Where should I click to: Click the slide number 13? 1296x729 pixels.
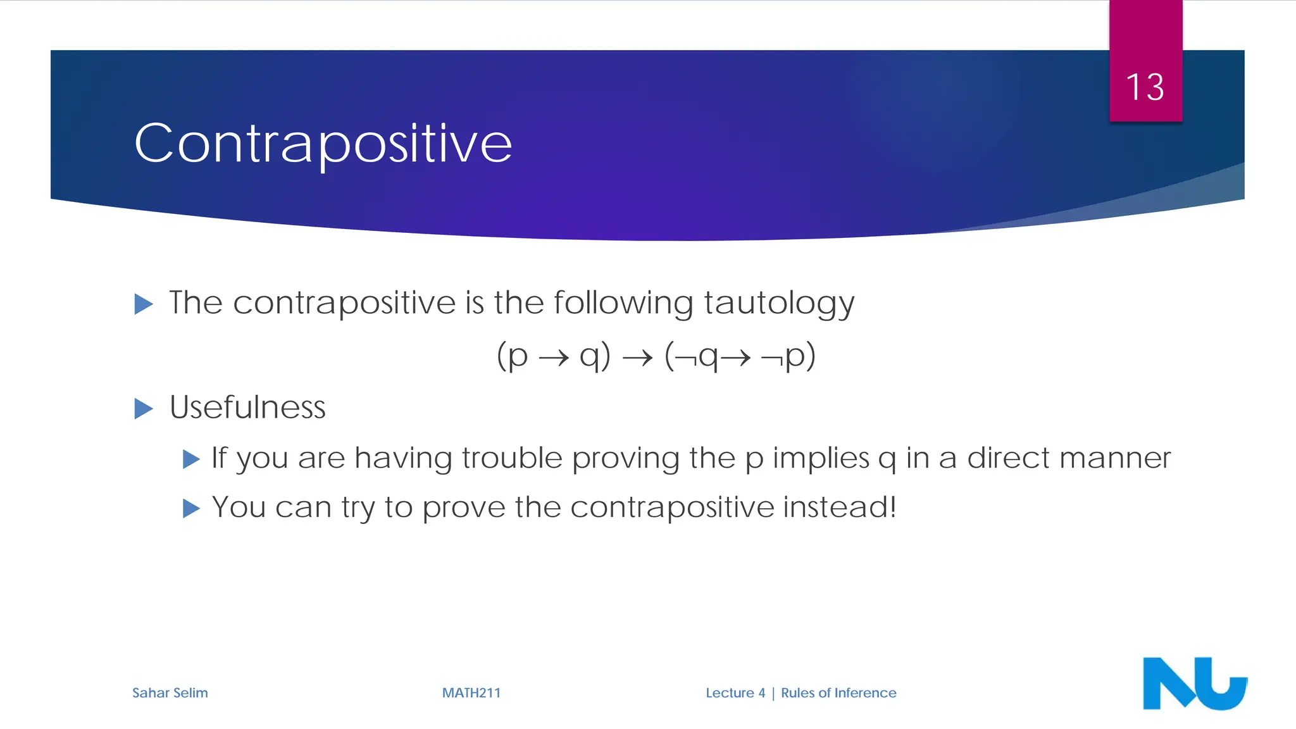[x=1145, y=87]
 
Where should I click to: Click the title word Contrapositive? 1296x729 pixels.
[x=323, y=144]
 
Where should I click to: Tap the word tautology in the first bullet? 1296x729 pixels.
[x=778, y=303]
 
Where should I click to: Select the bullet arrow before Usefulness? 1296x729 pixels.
[x=144, y=409]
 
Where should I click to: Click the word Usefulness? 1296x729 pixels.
[x=247, y=407]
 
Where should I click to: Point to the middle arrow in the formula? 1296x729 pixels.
[x=637, y=358]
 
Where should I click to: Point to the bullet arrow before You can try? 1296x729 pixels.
[x=191, y=508]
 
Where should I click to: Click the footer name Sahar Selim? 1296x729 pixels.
[x=170, y=693]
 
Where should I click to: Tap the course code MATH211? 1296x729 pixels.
[x=471, y=693]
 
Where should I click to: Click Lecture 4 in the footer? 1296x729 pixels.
[x=735, y=693]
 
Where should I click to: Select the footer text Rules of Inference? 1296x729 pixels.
[x=838, y=693]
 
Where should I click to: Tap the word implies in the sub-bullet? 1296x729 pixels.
[x=821, y=458]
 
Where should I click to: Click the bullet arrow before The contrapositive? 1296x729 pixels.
[x=144, y=304]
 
